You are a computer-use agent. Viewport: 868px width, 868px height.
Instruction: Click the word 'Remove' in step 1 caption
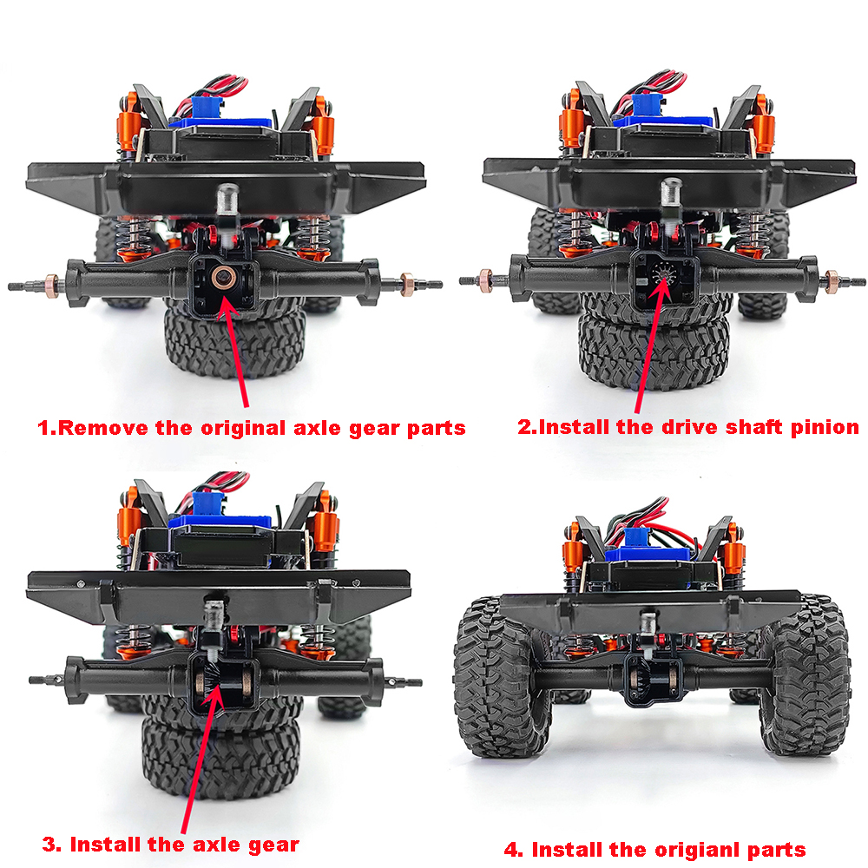(x=103, y=428)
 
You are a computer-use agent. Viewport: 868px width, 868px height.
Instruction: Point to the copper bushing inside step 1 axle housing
(x=223, y=277)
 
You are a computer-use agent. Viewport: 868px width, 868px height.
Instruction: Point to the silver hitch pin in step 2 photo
(x=671, y=194)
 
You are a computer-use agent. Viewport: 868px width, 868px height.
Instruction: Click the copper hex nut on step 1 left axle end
(x=53, y=286)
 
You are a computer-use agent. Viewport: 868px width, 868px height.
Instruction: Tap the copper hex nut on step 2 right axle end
(x=831, y=282)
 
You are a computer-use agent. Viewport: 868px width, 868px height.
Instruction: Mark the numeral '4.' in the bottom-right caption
(x=513, y=851)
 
